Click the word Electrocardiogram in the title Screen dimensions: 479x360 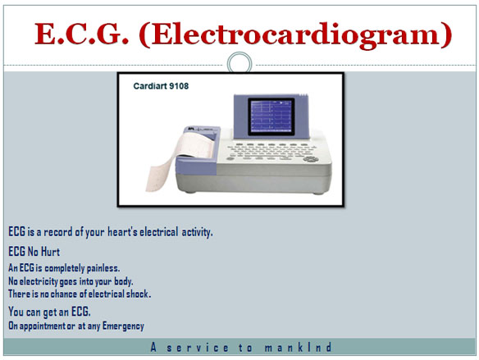point(295,36)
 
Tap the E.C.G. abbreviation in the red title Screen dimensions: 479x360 point(81,34)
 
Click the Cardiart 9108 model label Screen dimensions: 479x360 point(161,86)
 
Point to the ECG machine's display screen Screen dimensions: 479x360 point(271,116)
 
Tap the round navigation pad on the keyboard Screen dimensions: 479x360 point(311,159)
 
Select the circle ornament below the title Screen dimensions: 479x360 point(239,63)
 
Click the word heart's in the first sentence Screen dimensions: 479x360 point(122,232)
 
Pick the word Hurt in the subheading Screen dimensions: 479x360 point(50,252)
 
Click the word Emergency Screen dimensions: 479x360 point(123,326)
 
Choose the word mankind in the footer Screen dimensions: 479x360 point(299,348)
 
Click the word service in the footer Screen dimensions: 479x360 point(198,348)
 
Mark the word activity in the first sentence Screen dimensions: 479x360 point(197,232)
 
